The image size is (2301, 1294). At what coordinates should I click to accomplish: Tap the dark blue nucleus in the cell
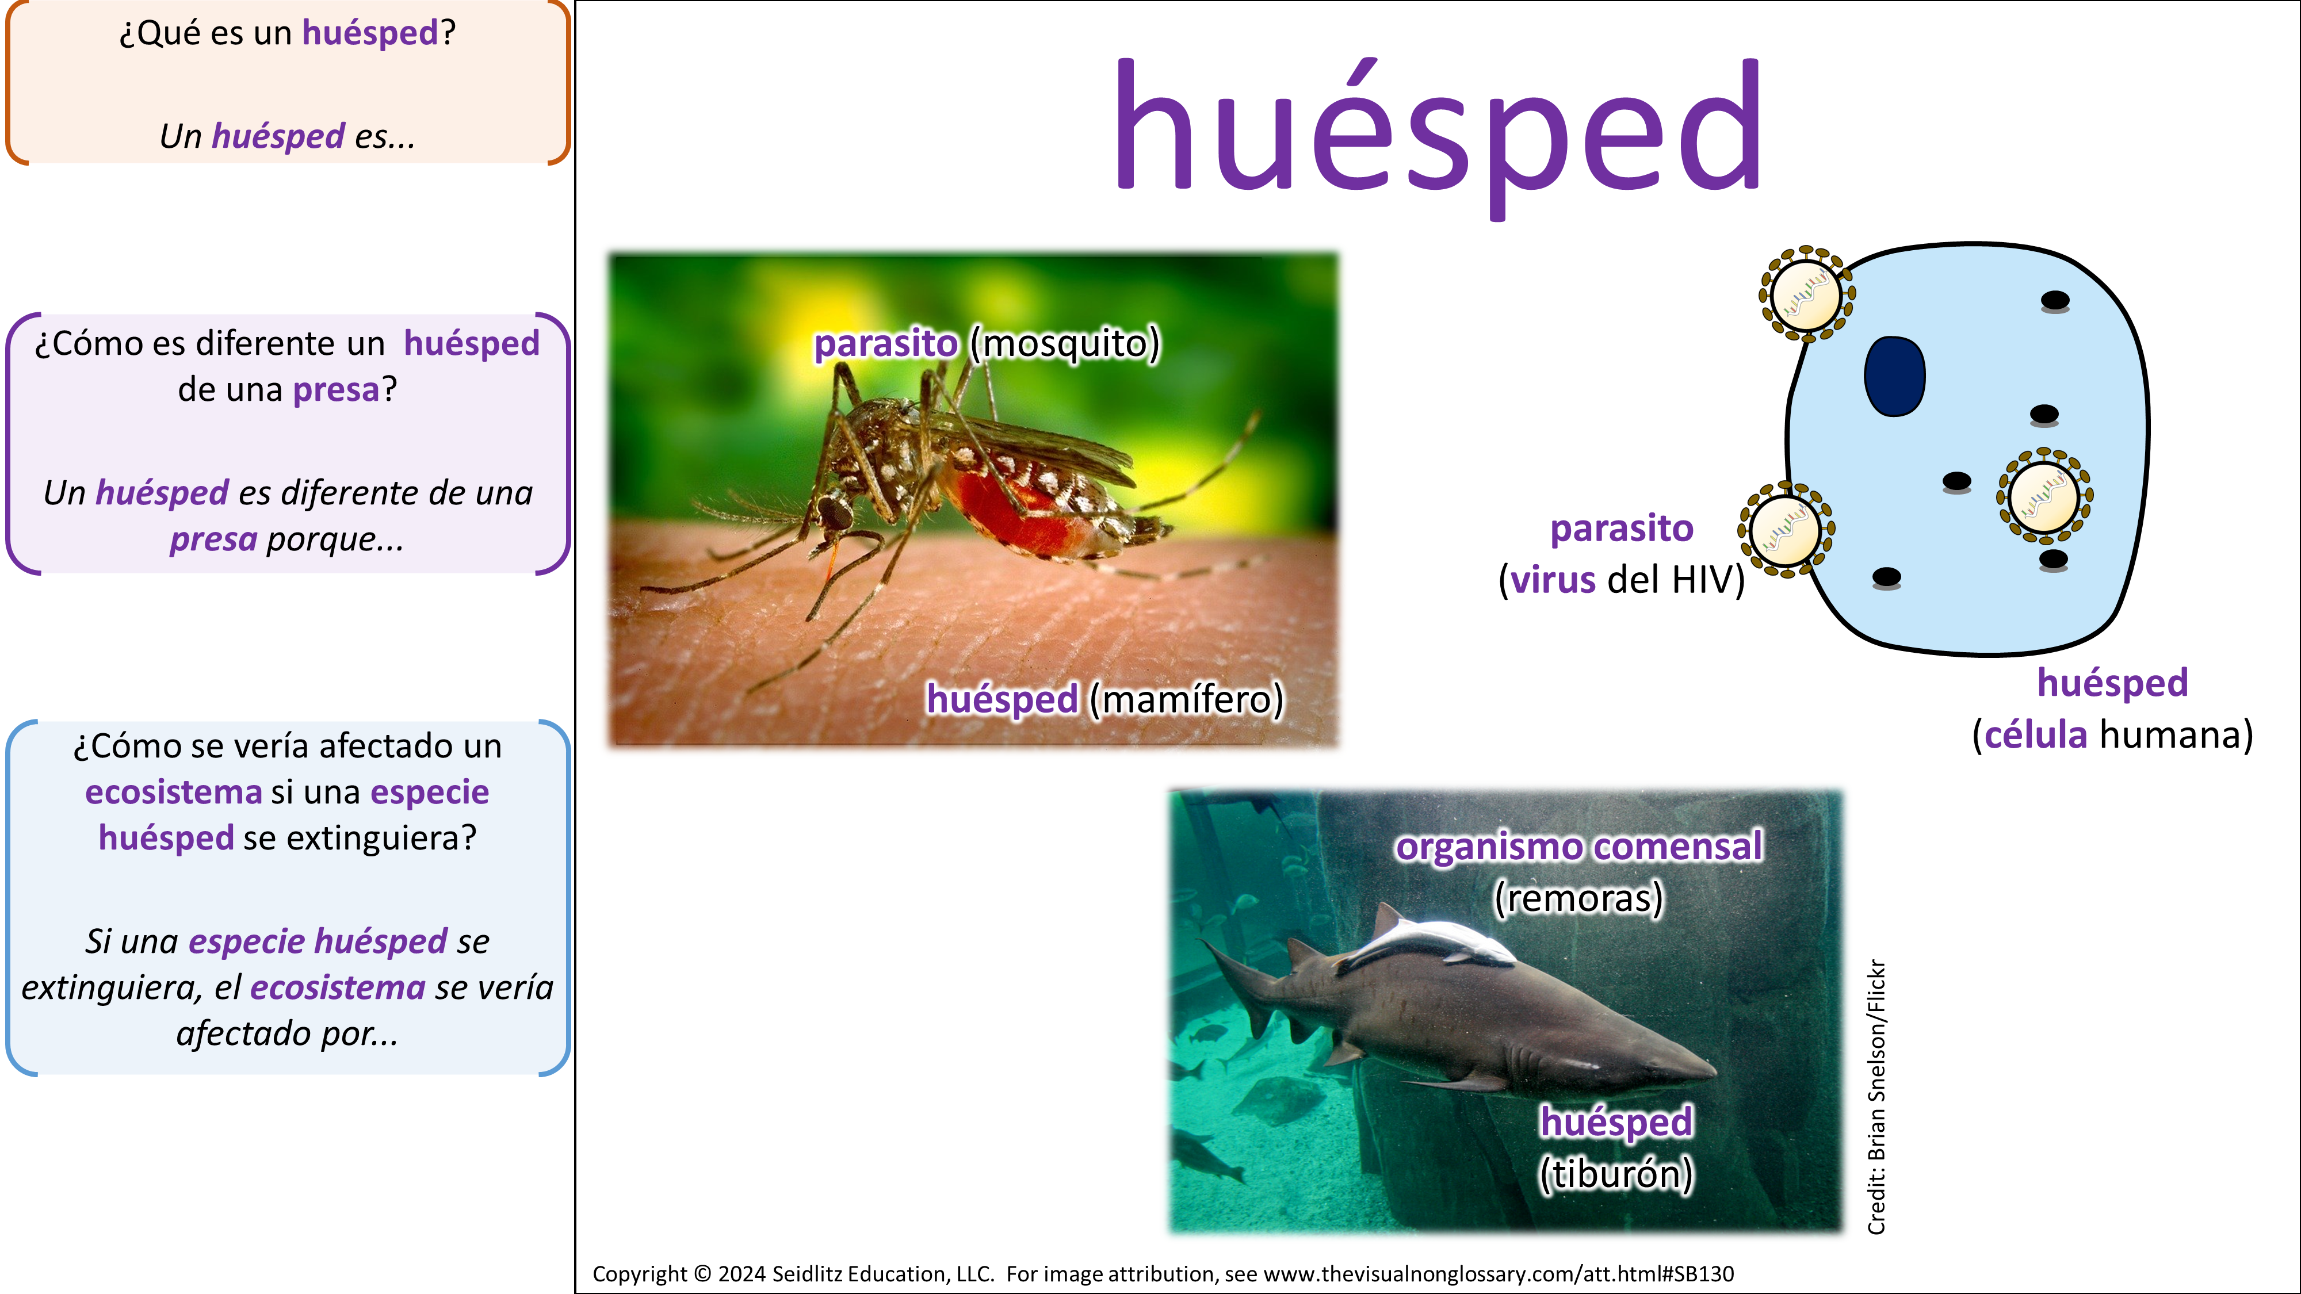(x=1894, y=376)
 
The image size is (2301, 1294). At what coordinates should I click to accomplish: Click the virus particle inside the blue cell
(x=2044, y=496)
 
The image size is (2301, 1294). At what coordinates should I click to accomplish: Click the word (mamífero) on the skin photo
(x=1186, y=699)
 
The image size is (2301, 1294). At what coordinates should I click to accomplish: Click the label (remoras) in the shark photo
(x=1578, y=898)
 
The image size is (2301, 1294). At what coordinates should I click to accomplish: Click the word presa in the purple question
(x=336, y=391)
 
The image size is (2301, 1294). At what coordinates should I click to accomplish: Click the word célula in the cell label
(x=2036, y=735)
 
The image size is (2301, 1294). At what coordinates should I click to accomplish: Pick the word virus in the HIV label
(x=1553, y=580)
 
